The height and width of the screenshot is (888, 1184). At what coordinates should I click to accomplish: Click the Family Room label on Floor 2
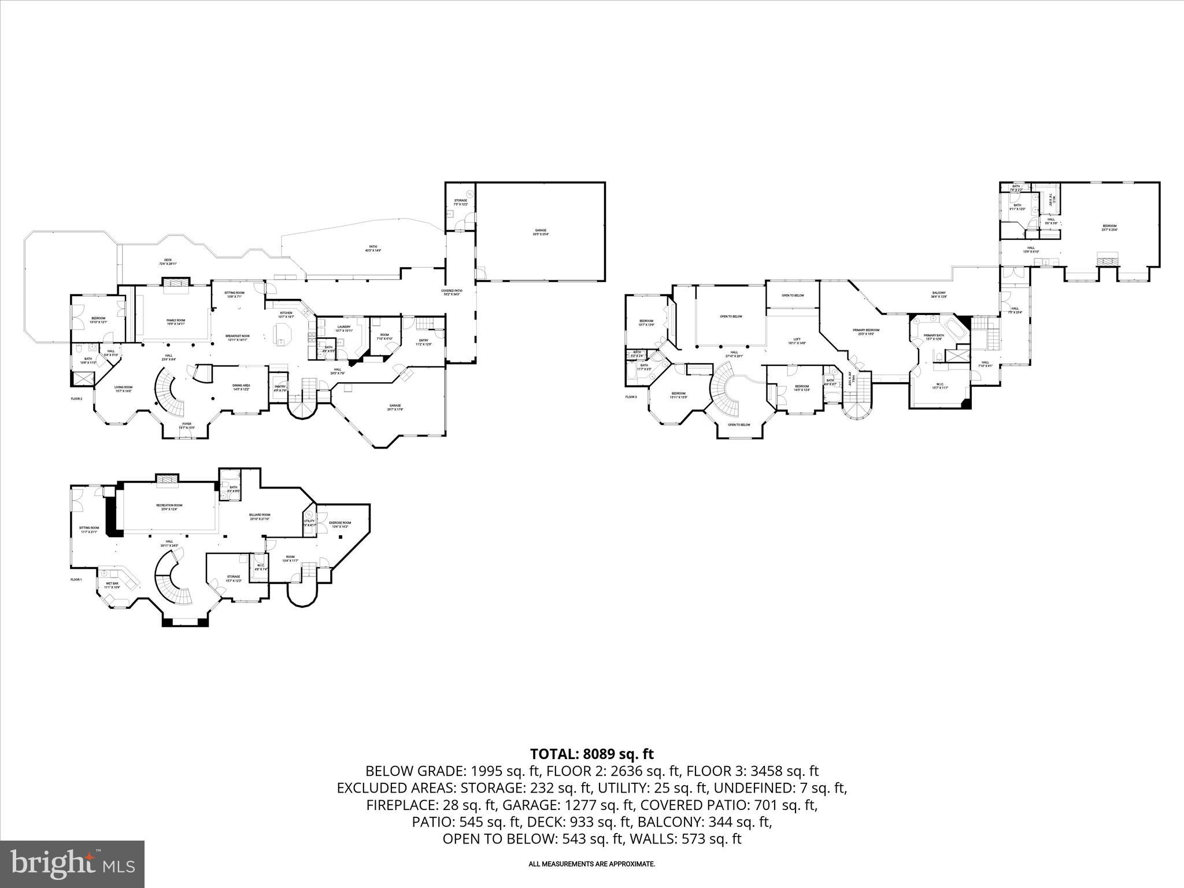176,320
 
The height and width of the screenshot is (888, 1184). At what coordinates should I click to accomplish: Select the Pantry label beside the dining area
280,387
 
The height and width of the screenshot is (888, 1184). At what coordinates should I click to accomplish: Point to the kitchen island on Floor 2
283,334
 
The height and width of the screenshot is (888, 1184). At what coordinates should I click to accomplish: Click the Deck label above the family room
168,260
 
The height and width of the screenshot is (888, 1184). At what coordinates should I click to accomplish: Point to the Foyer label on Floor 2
187,424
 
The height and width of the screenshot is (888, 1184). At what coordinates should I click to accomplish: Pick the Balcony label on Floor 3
939,293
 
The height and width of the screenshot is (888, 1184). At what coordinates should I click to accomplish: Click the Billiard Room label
260,515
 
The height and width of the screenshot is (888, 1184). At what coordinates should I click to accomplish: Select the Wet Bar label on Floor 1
112,583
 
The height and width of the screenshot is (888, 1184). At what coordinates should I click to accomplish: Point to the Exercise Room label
340,523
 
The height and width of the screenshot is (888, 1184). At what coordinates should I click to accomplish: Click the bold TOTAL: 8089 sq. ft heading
591,754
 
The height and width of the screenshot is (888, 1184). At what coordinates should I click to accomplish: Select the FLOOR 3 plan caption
631,397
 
